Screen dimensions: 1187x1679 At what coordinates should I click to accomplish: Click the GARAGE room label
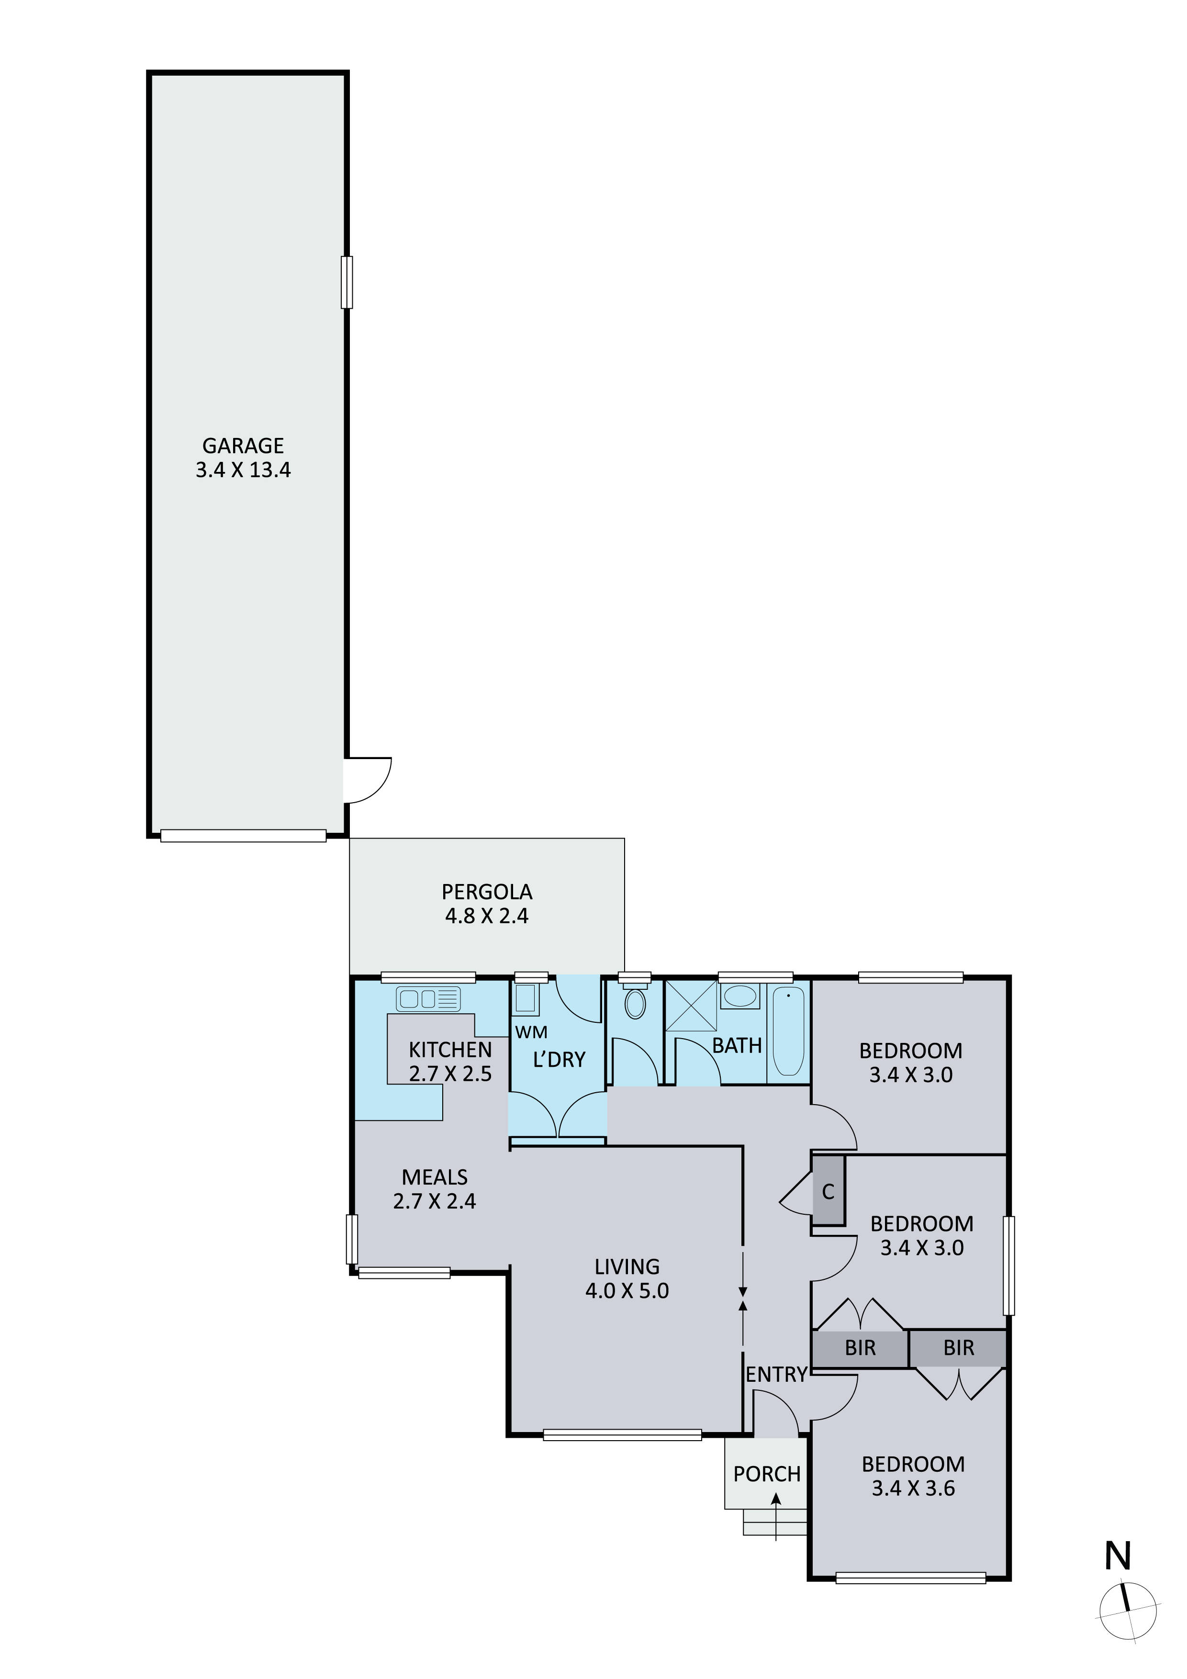[x=243, y=445]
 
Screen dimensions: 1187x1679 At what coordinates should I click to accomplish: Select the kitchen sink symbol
[x=428, y=998]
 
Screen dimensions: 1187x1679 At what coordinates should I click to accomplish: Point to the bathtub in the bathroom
[x=788, y=1031]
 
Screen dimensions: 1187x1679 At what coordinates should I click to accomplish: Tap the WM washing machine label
[x=531, y=1032]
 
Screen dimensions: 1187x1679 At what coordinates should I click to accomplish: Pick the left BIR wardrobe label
[x=860, y=1348]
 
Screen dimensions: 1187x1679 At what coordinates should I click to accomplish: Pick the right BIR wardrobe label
[x=959, y=1348]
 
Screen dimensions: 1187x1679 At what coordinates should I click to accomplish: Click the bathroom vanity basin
[x=740, y=996]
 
